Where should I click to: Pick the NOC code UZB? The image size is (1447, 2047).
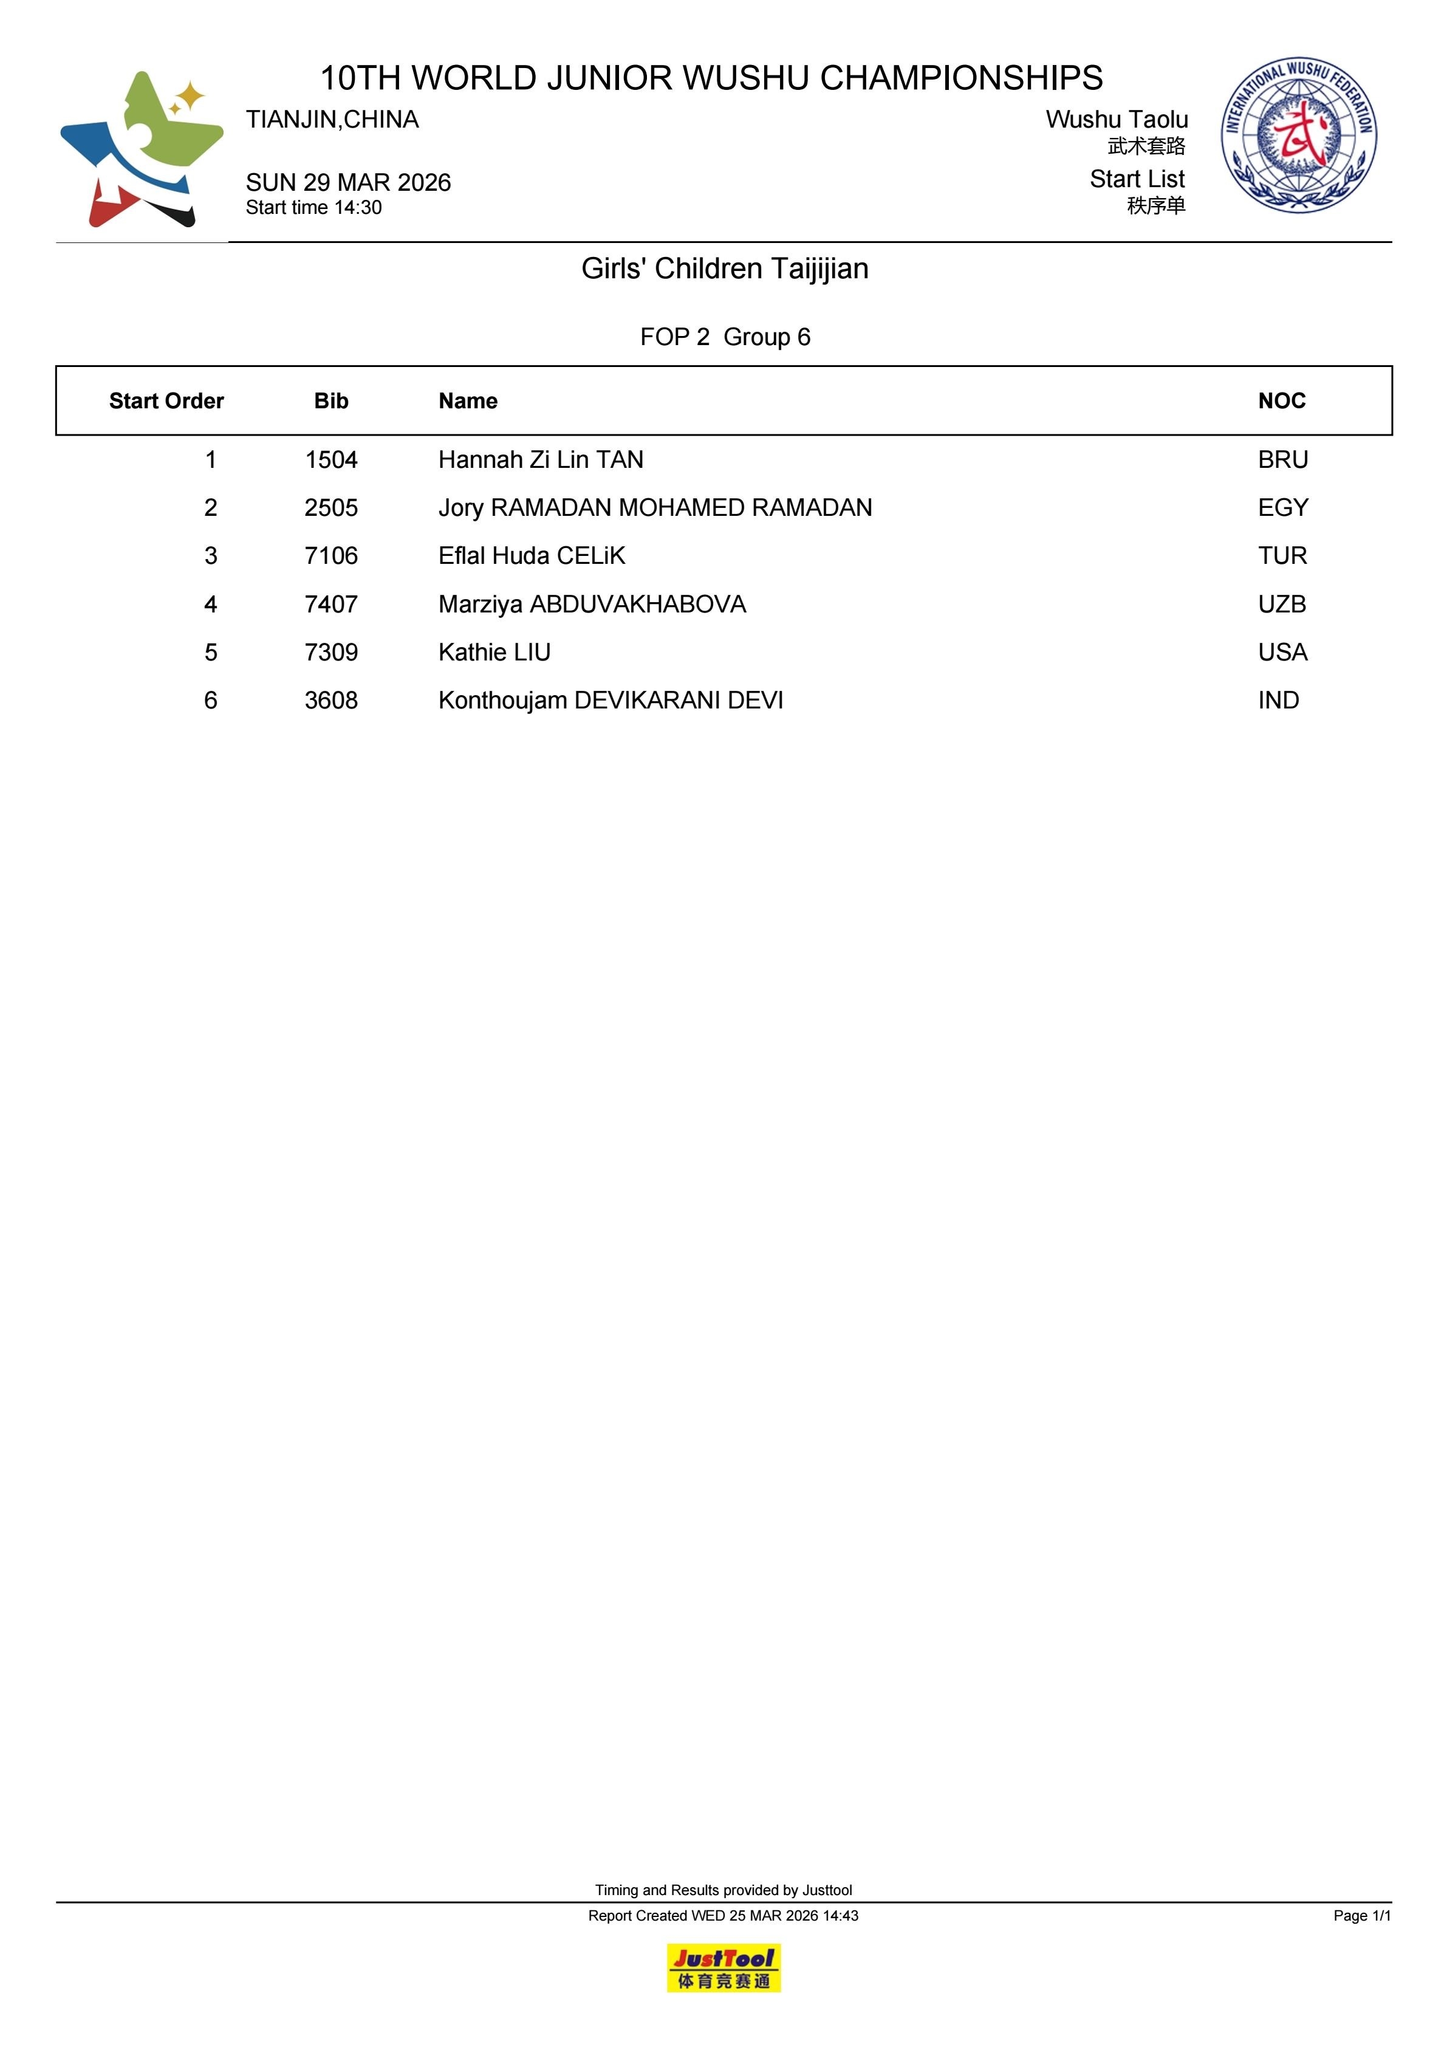(x=1281, y=605)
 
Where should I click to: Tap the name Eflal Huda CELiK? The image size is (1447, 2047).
(x=532, y=557)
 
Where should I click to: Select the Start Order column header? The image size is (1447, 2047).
(x=166, y=401)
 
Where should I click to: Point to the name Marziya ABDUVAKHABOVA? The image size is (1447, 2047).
(x=592, y=605)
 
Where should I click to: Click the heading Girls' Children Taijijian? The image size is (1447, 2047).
(x=724, y=269)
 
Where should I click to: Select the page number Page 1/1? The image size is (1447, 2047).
(x=1361, y=1916)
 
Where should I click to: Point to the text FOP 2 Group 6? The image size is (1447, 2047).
(x=724, y=337)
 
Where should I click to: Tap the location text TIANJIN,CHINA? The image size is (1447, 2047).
(x=332, y=120)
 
